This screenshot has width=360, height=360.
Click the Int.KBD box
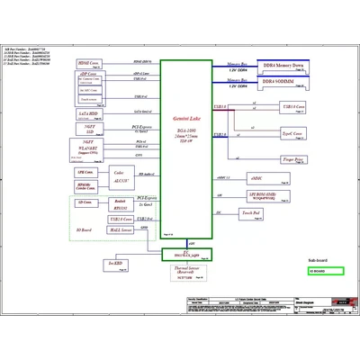[x=114, y=262]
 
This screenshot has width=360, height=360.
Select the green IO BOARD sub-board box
[x=323, y=271]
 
